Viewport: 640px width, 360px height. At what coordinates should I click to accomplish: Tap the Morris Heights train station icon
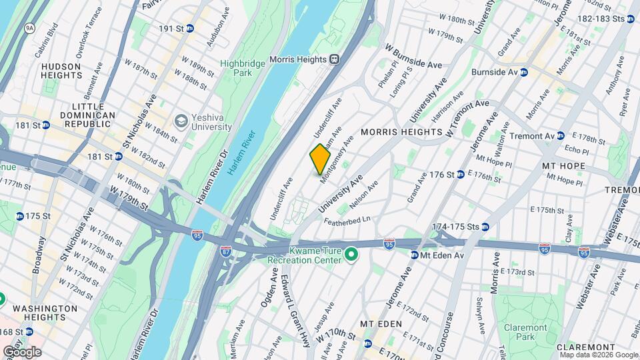click(x=333, y=59)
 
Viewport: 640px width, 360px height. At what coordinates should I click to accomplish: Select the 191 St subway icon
click(x=190, y=29)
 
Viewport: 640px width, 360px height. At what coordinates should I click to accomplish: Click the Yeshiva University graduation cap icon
click(x=180, y=121)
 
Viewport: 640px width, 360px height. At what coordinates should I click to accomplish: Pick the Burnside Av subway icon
click(x=524, y=72)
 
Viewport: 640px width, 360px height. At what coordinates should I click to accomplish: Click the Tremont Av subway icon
click(x=561, y=135)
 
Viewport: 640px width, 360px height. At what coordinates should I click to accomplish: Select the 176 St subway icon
click(x=460, y=175)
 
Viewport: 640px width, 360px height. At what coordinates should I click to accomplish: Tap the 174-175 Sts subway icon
click(x=485, y=227)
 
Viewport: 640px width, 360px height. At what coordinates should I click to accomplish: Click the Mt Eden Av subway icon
click(x=413, y=255)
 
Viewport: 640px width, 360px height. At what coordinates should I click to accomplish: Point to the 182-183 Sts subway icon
click(x=631, y=19)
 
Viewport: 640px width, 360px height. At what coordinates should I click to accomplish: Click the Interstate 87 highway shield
click(x=226, y=252)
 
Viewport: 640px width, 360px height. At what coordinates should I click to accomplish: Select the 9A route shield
click(x=29, y=28)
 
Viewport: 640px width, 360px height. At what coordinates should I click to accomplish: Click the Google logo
click(x=22, y=351)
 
